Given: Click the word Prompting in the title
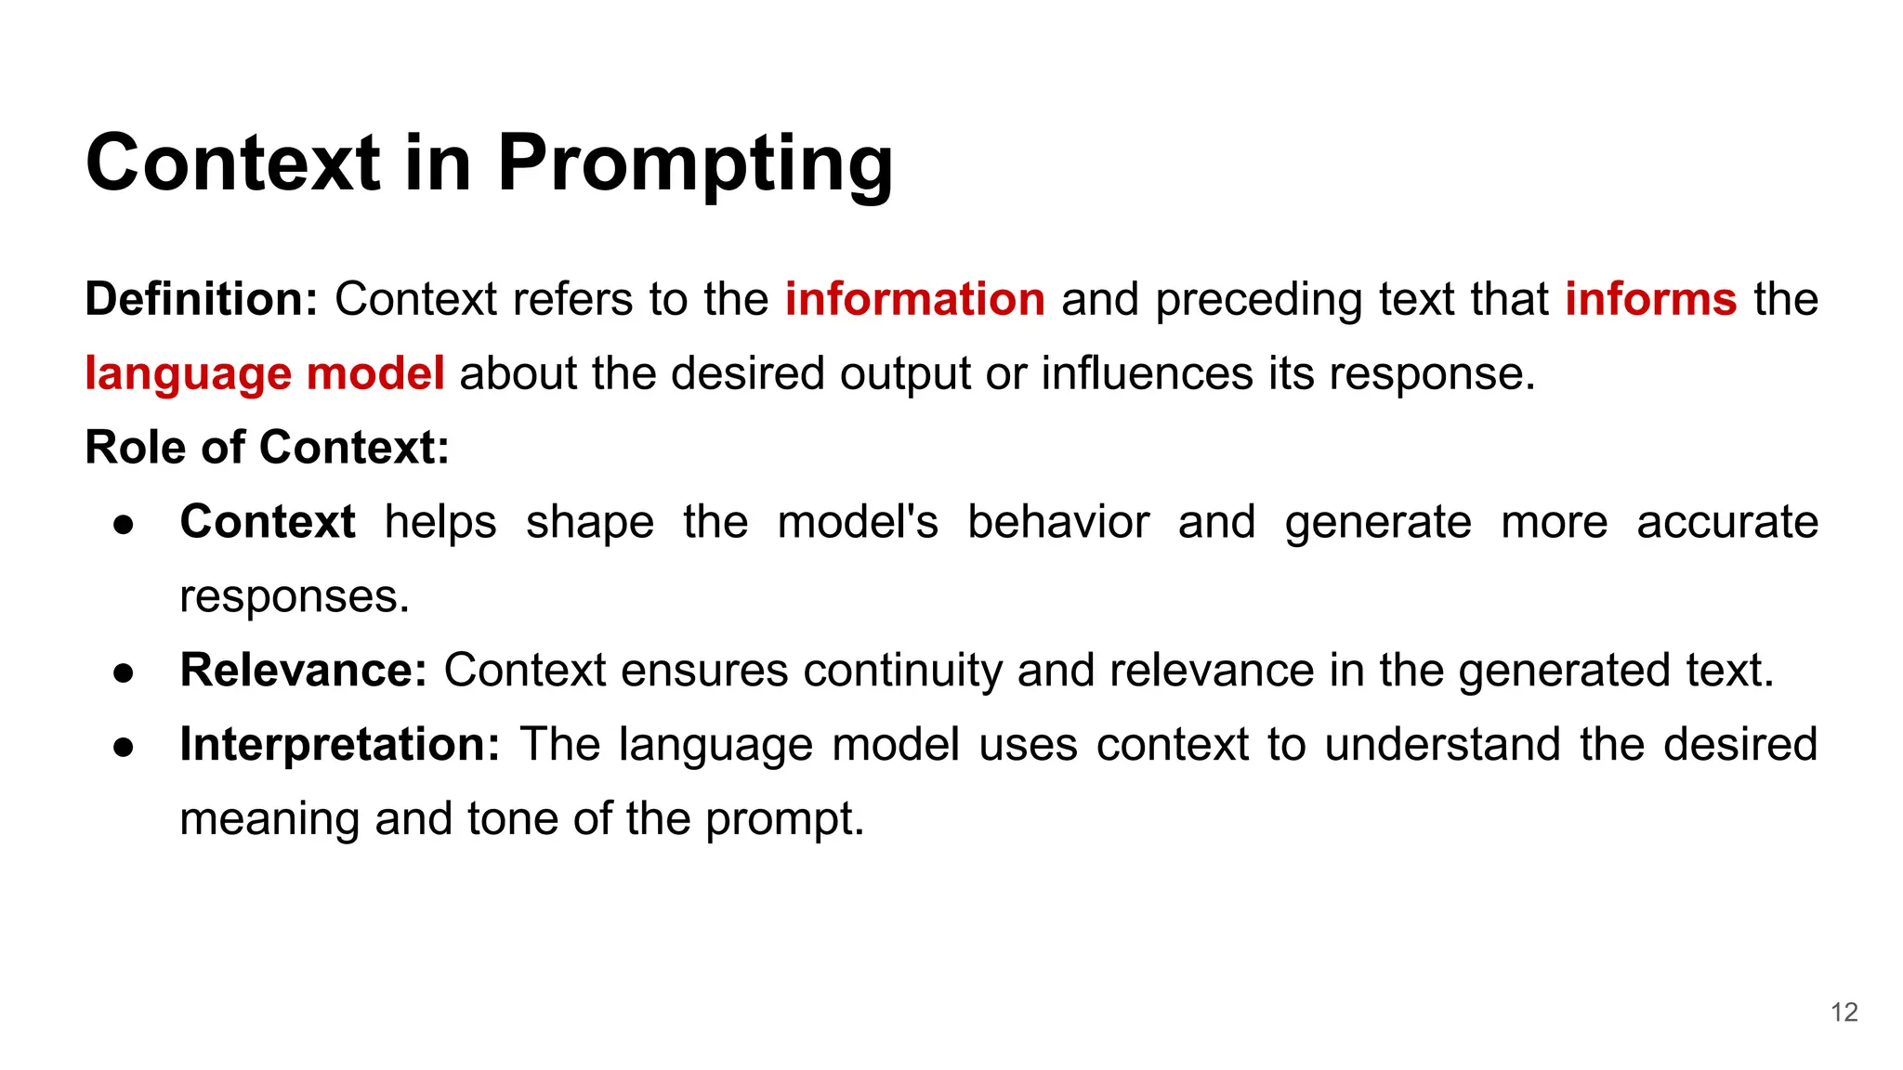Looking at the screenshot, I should point(694,163).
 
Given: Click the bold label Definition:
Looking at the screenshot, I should point(202,300).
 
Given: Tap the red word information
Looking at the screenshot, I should point(915,300).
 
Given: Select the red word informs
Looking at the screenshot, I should point(1650,300).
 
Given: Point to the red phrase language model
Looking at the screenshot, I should point(265,373).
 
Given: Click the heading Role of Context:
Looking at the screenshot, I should point(268,448).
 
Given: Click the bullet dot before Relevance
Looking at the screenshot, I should point(125,672).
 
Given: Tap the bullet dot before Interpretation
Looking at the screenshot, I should point(125,747).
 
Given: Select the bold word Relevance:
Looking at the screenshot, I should point(303,671).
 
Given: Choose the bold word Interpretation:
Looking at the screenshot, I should point(340,745).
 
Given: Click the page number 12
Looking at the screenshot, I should point(1844,1012).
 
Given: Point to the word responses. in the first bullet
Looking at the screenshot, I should point(295,597).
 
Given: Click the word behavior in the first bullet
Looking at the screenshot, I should point(1058,522).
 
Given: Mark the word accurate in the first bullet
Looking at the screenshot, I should point(1726,522).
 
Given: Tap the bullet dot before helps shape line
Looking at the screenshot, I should point(125,525).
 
